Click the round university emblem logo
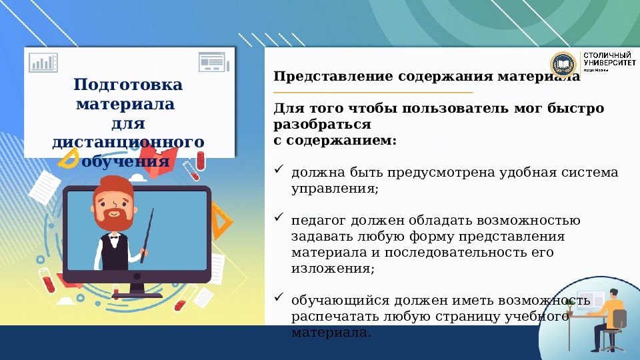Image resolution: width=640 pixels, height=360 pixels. [x=563, y=65]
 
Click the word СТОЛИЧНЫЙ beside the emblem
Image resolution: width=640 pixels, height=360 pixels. [x=607, y=55]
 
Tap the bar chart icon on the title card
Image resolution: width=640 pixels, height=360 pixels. [x=43, y=62]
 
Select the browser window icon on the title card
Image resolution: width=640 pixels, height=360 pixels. [x=213, y=62]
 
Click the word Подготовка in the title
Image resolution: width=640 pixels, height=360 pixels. [x=128, y=85]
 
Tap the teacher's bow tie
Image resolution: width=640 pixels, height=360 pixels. [x=114, y=236]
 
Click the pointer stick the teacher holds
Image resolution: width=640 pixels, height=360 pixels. [x=147, y=231]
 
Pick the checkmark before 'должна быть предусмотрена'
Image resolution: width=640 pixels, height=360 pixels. [x=279, y=171]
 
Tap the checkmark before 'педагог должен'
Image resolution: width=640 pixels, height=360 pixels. [x=279, y=218]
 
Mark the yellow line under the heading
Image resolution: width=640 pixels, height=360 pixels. [x=373, y=93]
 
